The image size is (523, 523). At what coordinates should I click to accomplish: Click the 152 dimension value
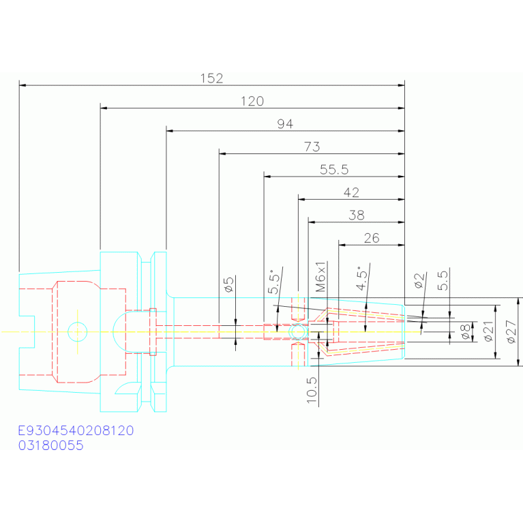[211, 78]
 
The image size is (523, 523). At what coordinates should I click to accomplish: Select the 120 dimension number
[252, 102]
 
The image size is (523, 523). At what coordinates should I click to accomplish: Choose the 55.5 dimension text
[334, 170]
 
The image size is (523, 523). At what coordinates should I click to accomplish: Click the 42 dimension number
[352, 193]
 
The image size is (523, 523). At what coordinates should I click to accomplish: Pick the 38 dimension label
[357, 215]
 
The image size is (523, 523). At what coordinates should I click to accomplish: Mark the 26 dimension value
[372, 238]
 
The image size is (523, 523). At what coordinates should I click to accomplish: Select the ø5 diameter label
[229, 284]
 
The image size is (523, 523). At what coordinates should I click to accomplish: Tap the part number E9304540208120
[76, 431]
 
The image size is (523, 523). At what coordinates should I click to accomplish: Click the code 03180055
[51, 446]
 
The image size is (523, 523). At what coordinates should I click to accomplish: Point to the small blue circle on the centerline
[77, 331]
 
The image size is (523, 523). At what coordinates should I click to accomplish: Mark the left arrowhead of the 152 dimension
[23, 85]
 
